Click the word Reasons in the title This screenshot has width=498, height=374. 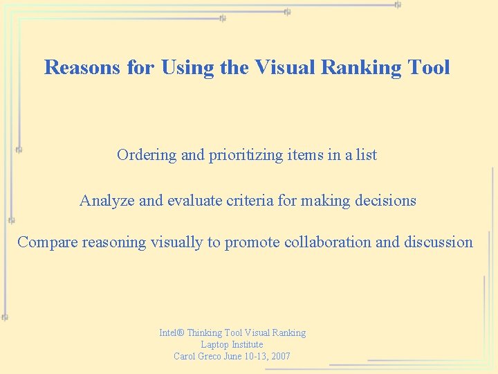tap(77, 67)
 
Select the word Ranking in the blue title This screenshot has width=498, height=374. tap(367, 67)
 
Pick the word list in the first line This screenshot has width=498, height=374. tap(366, 155)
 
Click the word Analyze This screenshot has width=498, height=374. tap(107, 201)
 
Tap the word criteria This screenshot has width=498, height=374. tap(250, 201)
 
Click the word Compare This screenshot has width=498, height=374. tap(47, 242)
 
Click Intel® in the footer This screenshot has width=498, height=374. tap(172, 333)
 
